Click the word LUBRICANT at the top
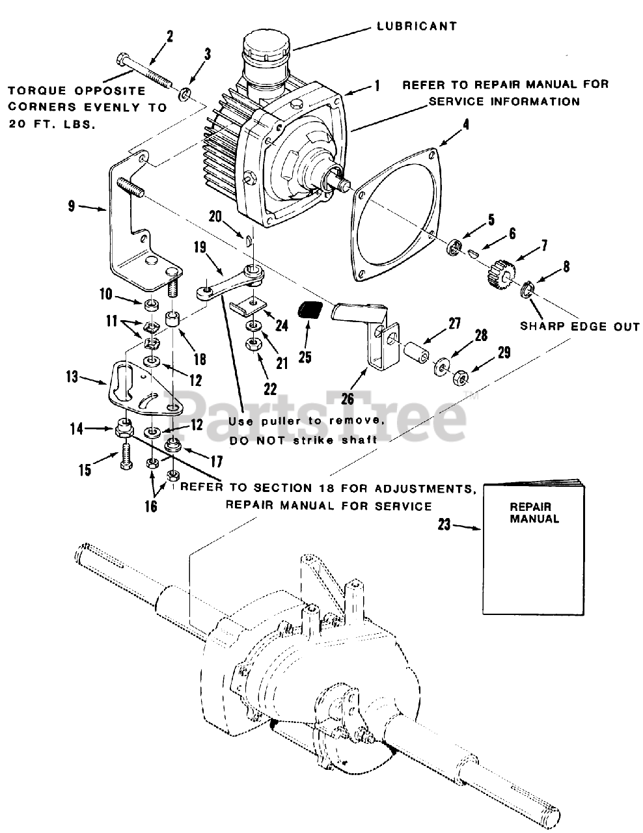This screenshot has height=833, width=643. (x=417, y=27)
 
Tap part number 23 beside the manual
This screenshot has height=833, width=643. (x=445, y=525)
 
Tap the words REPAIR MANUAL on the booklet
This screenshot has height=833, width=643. (x=534, y=513)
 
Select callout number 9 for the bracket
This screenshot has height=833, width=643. (x=71, y=206)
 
